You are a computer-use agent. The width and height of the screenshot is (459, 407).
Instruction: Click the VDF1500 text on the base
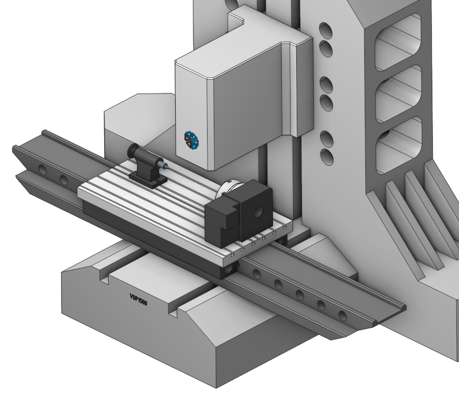pos(138,299)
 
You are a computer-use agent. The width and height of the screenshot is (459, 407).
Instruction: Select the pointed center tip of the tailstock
pos(166,167)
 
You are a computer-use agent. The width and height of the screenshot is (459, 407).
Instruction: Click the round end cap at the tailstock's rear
pos(132,151)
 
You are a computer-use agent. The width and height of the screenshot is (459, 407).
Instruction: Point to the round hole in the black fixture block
pos(258,211)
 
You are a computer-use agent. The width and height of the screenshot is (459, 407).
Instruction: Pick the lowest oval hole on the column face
pos(327,157)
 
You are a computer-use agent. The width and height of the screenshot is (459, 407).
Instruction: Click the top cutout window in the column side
pos(398,42)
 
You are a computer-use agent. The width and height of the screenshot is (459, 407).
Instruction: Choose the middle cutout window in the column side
pos(398,94)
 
